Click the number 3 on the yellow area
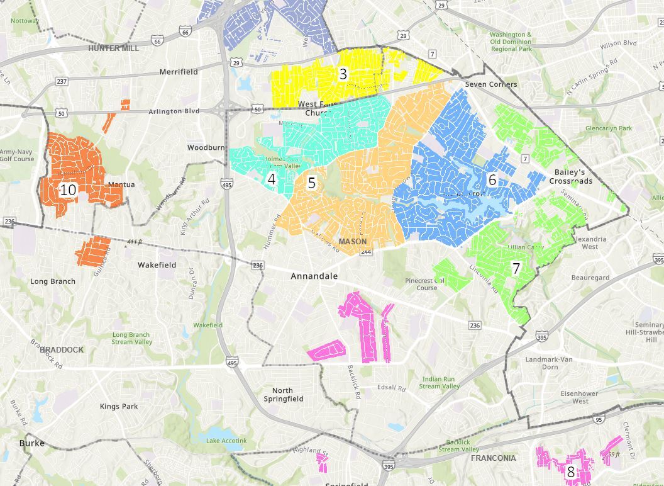[343, 74]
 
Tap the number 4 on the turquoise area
[272, 179]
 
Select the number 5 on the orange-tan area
[311, 183]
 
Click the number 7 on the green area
[516, 269]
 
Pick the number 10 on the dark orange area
[68, 189]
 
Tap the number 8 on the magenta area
[570, 472]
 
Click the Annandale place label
[314, 276]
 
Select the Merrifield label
[179, 72]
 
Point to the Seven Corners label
[491, 84]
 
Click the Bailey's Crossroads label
[570, 177]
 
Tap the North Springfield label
[283, 395]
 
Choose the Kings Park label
[119, 407]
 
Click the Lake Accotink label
[226, 441]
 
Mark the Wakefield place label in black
[157, 266]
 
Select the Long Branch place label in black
[53, 281]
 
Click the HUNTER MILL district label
[113, 48]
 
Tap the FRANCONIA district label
[493, 458]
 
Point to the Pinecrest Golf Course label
[426, 284]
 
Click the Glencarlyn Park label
[608, 128]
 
